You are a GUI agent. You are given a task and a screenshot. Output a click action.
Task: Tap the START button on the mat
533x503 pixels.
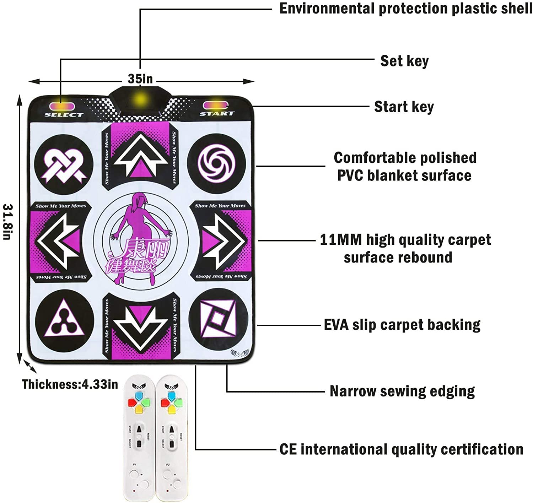tap(216, 106)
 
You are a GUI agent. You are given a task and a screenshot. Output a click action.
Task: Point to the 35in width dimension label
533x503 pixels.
tap(140, 79)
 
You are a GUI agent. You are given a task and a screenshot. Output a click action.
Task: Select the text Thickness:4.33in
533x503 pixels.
tap(70, 384)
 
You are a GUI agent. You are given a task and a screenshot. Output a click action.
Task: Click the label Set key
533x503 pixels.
tap(404, 61)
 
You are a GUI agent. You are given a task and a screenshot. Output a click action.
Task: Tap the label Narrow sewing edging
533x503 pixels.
tap(402, 391)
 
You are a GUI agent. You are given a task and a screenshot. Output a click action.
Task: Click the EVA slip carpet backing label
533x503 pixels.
tap(402, 325)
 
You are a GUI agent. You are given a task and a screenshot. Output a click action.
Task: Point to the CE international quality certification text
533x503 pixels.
tap(401, 449)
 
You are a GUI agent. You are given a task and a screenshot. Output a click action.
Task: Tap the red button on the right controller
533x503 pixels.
tap(165, 403)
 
